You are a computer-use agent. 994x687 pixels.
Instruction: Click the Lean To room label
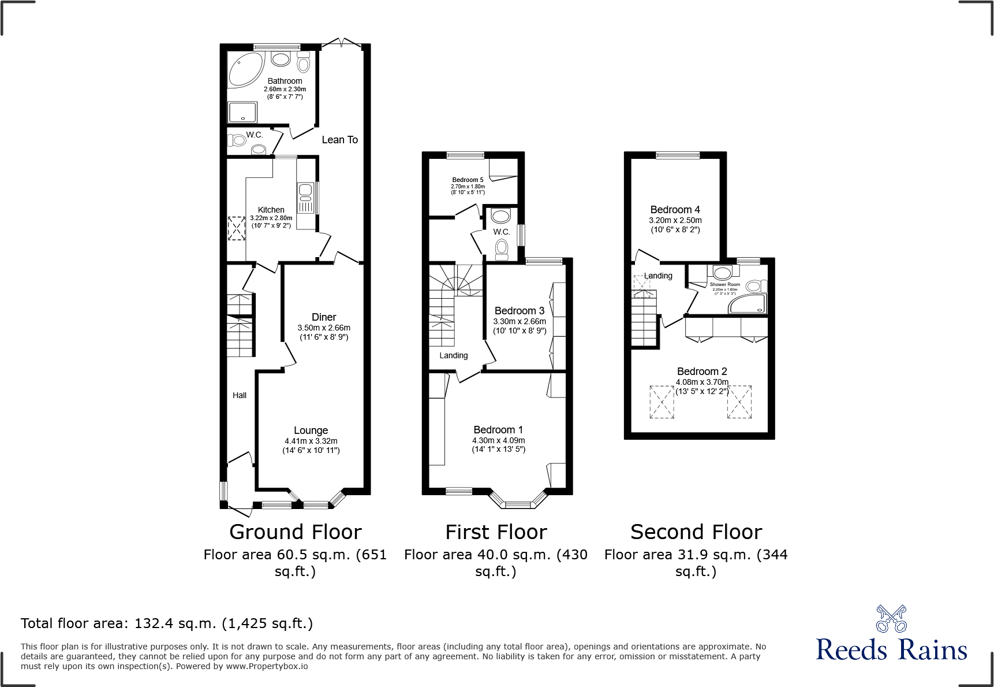pos(339,140)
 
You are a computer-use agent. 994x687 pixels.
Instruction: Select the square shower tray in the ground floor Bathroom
pos(242,112)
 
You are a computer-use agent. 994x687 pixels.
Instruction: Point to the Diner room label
pos(324,317)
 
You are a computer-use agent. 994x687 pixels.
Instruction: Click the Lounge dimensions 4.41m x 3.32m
pos(311,441)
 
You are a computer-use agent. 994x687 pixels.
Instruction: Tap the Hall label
pos(240,395)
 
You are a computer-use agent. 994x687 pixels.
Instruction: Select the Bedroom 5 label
pos(468,180)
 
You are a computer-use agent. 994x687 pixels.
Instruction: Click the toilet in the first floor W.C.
pos(502,249)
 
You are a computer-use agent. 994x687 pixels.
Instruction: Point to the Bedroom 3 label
pos(520,311)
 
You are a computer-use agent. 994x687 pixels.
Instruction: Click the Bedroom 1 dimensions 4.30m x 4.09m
pos(498,440)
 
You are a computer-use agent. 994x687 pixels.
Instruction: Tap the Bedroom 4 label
pos(675,210)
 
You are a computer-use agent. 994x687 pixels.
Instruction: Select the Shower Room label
pos(724,284)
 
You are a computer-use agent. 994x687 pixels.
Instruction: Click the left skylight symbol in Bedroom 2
pos(662,402)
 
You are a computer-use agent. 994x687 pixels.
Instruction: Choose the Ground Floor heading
pos(295,532)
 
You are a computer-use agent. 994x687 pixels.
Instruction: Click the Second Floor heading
pos(696,532)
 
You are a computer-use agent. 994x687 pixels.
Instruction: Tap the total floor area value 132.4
pos(151,623)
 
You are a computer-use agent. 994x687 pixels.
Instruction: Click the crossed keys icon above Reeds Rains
pos(891,619)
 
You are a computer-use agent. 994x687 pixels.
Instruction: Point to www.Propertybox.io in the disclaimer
pos(267,666)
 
